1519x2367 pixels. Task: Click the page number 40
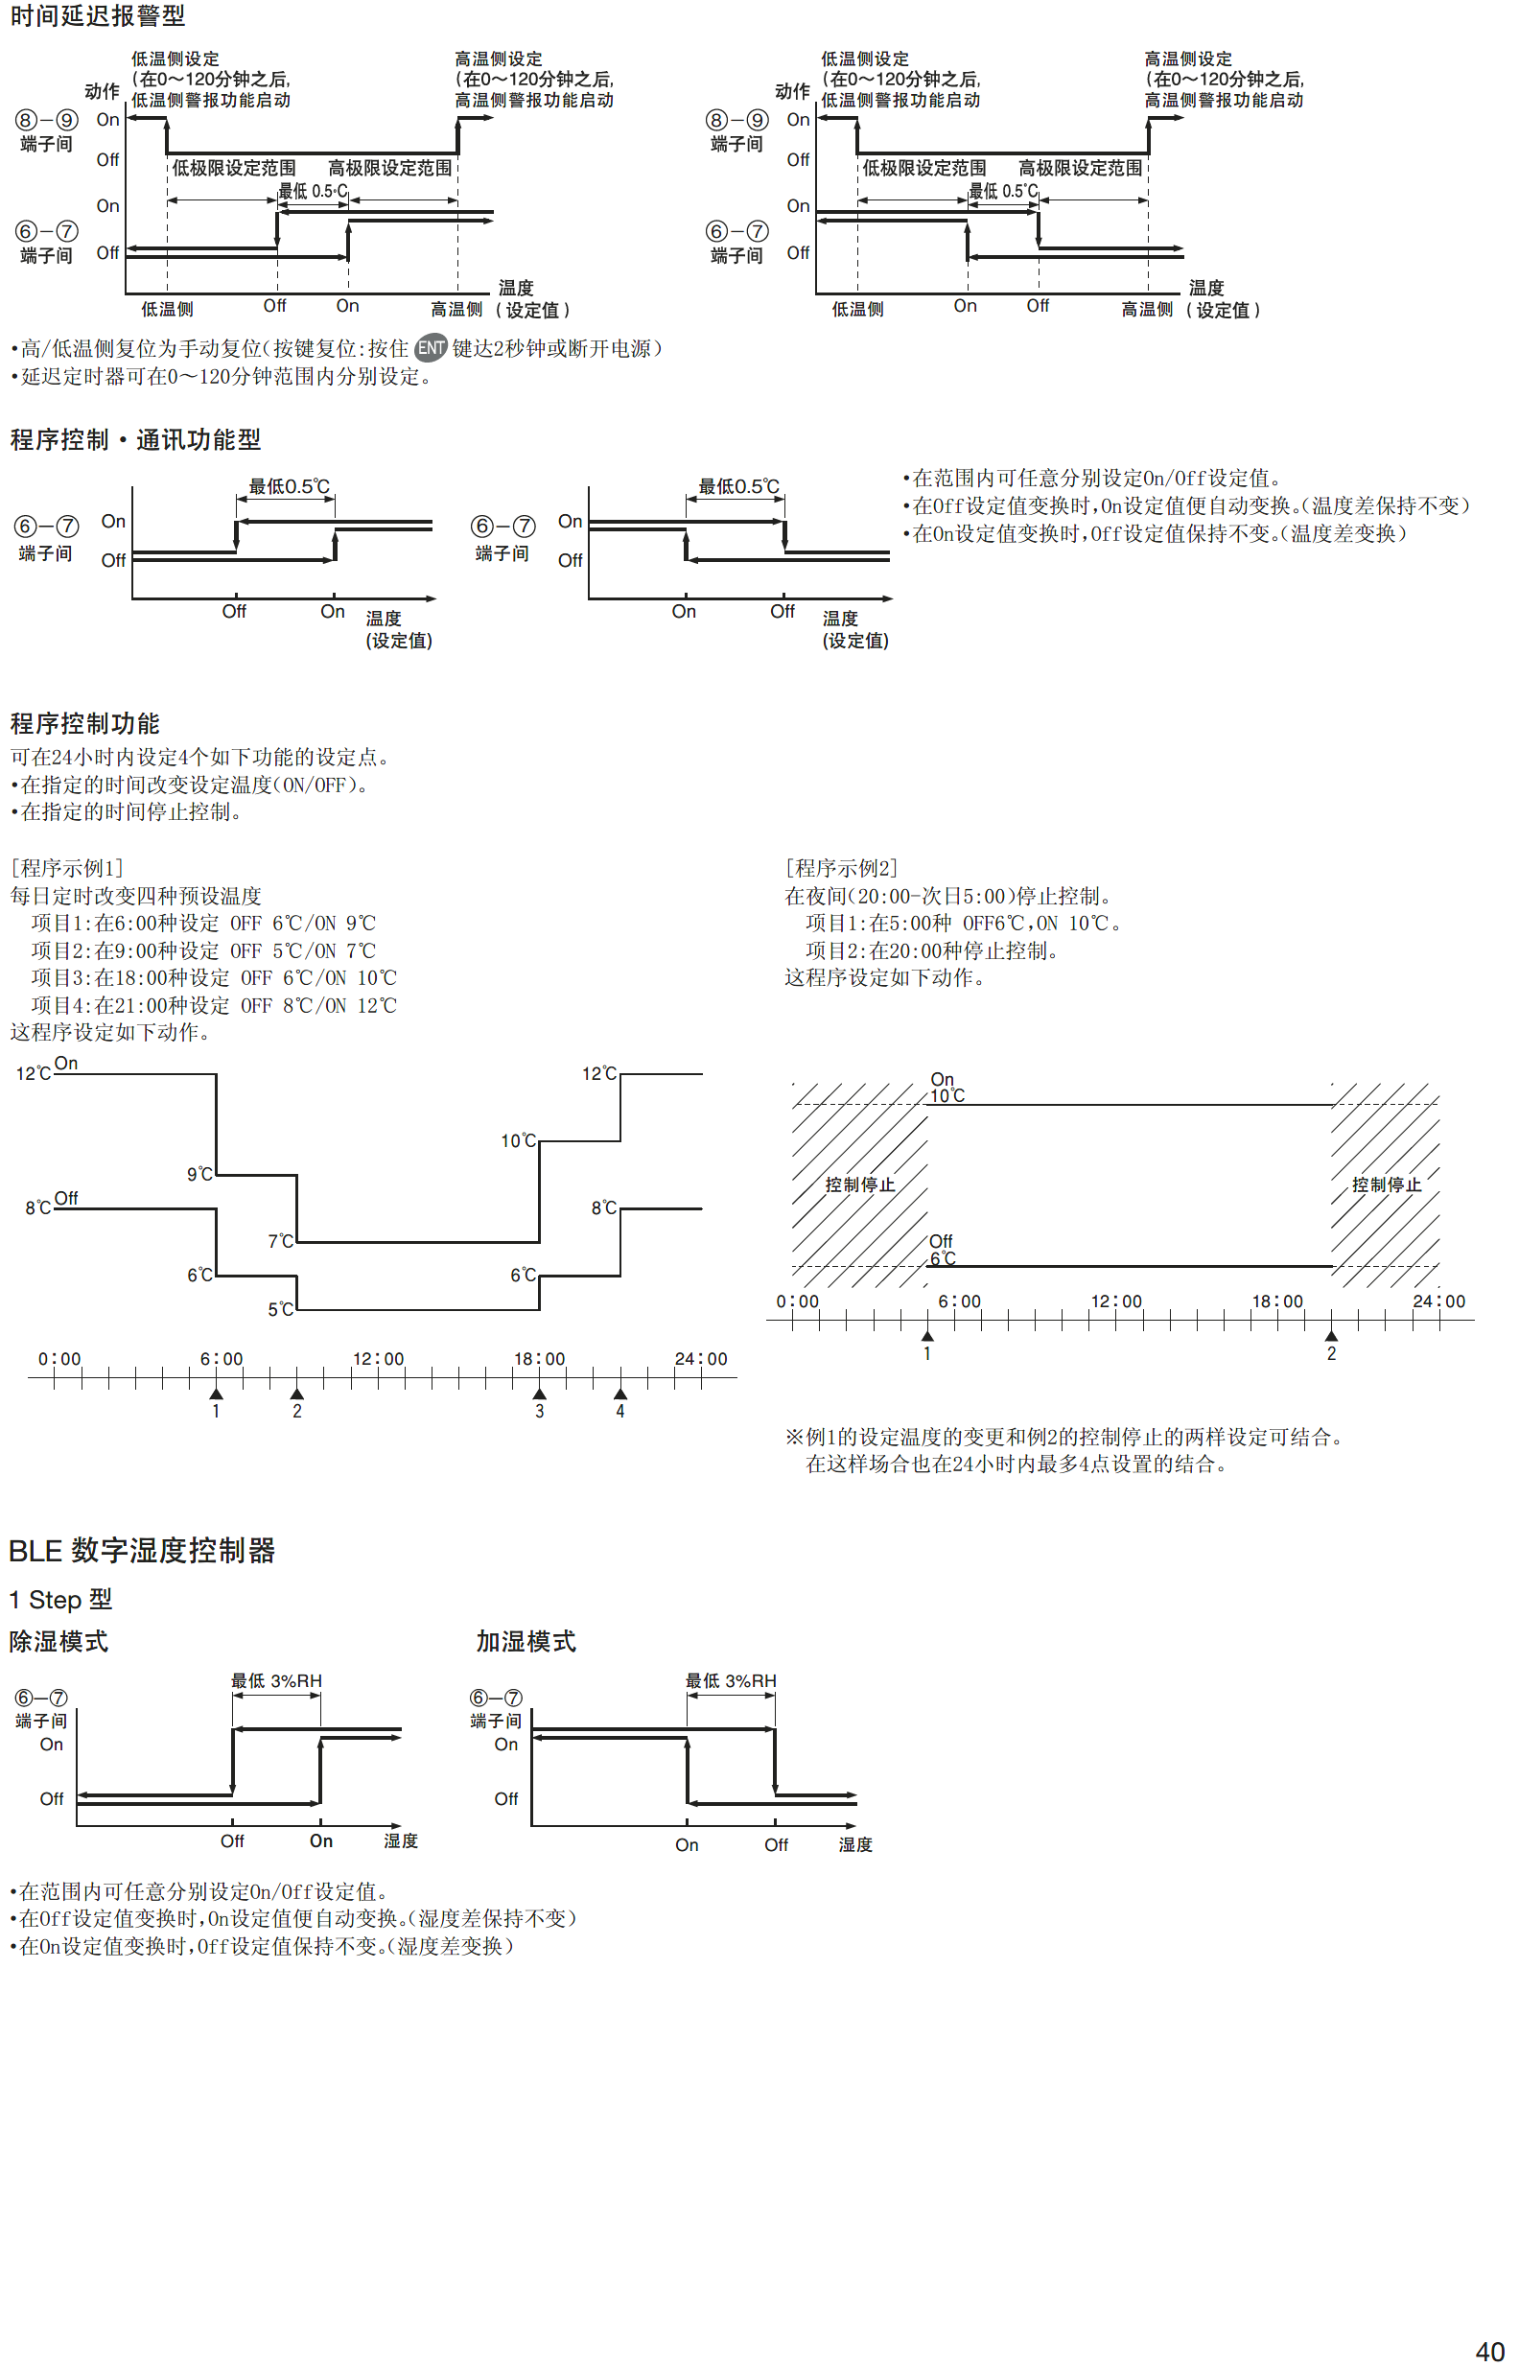[x=1489, y=2352]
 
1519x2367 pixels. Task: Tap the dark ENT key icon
[x=430, y=348]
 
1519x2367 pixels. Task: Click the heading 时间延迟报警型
[x=98, y=15]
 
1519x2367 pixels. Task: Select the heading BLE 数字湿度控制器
[x=142, y=1551]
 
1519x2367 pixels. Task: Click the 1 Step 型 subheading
[x=61, y=1600]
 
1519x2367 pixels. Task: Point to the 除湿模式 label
[x=59, y=1641]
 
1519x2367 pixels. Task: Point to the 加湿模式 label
[x=526, y=1641]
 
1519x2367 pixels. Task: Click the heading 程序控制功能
[x=84, y=724]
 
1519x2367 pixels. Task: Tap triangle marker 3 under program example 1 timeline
[x=540, y=1394]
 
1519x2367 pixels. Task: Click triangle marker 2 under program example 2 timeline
[x=1331, y=1336]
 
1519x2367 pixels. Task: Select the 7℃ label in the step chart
[x=281, y=1241]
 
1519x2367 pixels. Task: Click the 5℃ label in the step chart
[x=281, y=1309]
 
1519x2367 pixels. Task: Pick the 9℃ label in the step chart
[x=200, y=1174]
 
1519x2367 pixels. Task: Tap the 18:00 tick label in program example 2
[x=1277, y=1301]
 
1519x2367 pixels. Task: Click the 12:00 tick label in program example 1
[x=379, y=1359]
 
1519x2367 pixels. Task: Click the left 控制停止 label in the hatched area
[x=860, y=1184]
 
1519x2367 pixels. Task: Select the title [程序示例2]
[x=841, y=868]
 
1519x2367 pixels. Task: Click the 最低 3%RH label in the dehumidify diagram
[x=276, y=1680]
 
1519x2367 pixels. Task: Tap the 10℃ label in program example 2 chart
[x=946, y=1095]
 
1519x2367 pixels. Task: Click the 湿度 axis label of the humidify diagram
[x=855, y=1844]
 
